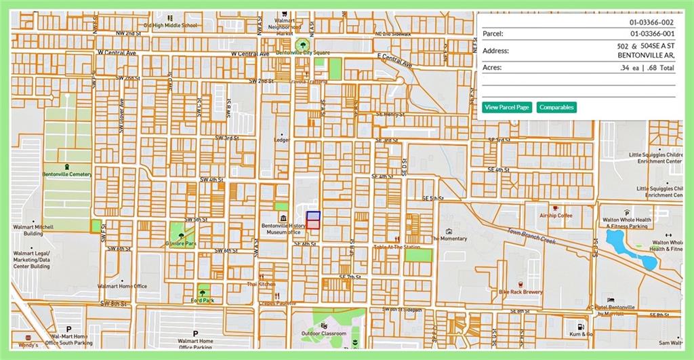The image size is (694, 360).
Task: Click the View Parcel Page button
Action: click(507, 107)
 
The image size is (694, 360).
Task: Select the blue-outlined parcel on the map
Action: click(314, 216)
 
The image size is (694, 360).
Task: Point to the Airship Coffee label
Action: click(556, 216)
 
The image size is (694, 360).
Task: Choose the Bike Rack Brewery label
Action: click(521, 292)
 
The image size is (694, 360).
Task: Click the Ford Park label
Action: click(202, 300)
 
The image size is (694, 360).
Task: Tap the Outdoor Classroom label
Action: click(324, 334)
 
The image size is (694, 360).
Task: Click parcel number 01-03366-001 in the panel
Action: click(652, 33)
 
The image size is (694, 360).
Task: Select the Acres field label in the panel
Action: click(492, 68)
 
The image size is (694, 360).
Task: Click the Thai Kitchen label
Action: click(261, 284)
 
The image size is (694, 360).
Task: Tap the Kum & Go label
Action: click(581, 334)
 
